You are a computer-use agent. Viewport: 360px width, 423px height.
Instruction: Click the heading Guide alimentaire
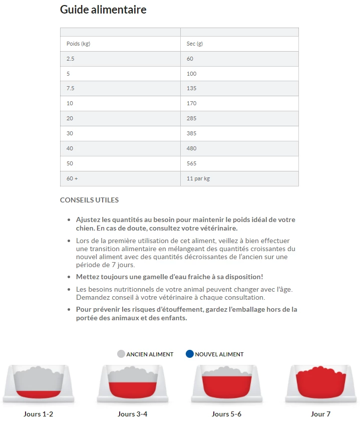point(103,10)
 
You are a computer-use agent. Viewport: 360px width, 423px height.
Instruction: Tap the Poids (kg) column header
point(78,44)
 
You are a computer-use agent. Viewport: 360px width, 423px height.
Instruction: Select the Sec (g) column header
point(194,44)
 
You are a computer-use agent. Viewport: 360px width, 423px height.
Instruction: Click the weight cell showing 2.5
point(71,59)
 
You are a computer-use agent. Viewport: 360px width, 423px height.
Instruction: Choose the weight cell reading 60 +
point(73,178)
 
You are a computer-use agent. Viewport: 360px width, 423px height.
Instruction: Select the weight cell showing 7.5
point(71,89)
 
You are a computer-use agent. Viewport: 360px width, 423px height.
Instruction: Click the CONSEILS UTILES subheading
point(89,200)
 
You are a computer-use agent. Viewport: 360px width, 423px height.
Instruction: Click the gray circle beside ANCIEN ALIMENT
point(121,354)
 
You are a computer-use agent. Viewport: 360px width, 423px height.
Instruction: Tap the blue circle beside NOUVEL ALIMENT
point(189,354)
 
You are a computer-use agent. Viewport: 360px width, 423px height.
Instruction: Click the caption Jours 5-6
point(226,414)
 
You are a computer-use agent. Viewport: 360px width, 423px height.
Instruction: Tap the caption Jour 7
point(320,414)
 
